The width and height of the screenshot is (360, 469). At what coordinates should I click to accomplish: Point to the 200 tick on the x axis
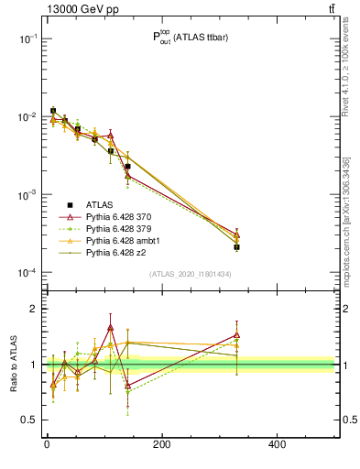[x=162, y=446]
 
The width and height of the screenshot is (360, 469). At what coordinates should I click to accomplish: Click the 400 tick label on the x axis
[x=277, y=446]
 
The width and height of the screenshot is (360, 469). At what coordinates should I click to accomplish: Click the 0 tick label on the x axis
[x=47, y=446]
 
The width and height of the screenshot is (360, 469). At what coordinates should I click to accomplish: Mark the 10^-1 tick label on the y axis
[x=27, y=39]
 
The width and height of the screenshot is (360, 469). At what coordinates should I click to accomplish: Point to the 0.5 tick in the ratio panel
[x=27, y=420]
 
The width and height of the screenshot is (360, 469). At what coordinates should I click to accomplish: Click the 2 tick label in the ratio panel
[x=33, y=309]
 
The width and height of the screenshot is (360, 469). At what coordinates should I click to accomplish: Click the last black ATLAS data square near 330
[x=236, y=247]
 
